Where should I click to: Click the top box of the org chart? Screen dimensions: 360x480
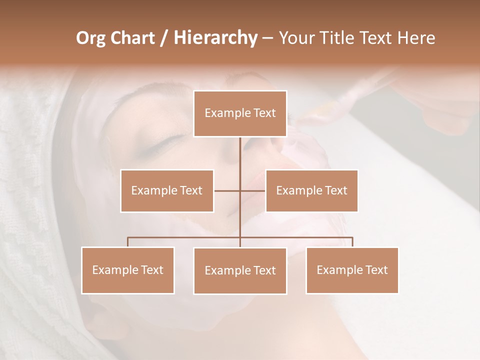coord(240,113)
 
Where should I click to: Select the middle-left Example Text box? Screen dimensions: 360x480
coord(167,190)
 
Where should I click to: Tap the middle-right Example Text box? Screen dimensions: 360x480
coord(311,190)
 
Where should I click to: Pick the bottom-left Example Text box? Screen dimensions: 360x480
coord(128,270)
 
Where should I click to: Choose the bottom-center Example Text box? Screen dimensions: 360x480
coord(240,270)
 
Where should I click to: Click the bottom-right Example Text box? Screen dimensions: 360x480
coord(352,270)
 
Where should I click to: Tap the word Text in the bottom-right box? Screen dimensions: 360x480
coord(376,270)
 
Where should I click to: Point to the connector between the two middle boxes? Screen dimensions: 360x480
coord(228,190)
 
